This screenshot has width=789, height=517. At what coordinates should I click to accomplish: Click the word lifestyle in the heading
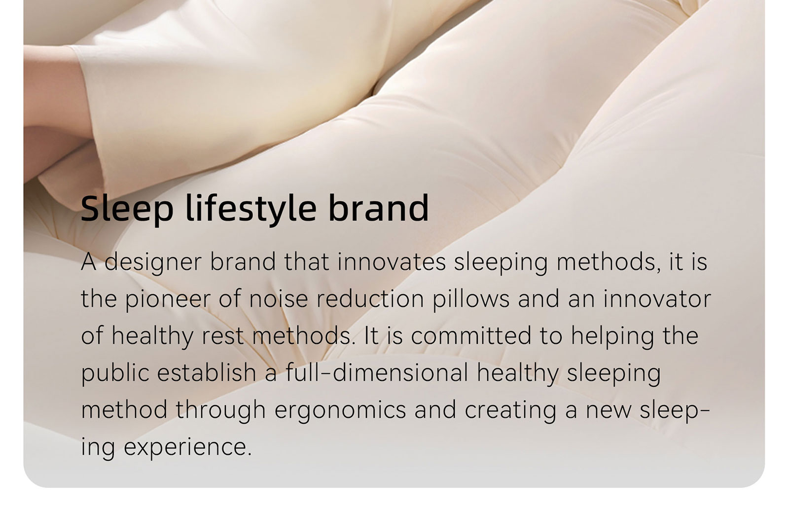251,209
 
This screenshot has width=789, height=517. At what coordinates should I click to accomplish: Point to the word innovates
392,261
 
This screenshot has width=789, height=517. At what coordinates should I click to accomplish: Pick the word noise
278,299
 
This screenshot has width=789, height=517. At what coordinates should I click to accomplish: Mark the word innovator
657,299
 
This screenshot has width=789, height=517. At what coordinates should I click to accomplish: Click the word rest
223,336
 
